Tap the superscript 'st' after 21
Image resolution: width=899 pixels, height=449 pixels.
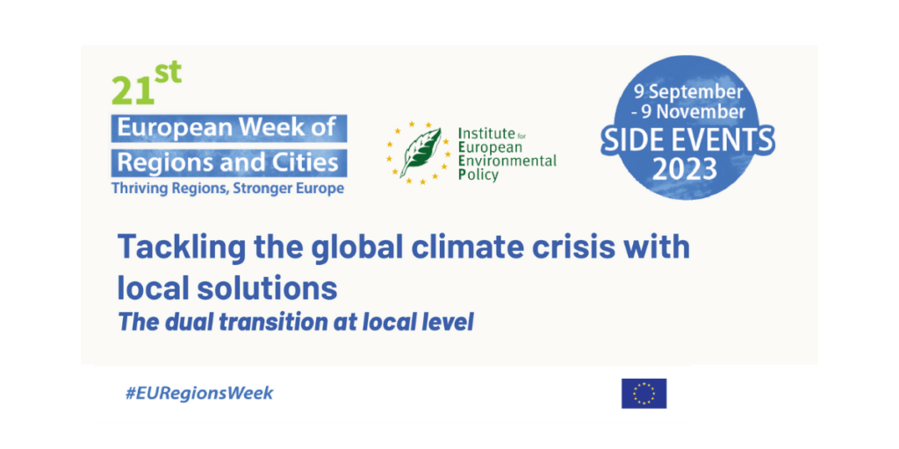click(169, 74)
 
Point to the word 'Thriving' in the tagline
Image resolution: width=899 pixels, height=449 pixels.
click(136, 189)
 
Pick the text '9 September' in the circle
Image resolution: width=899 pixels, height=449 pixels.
click(688, 91)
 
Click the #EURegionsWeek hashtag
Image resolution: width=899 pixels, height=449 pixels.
click(199, 393)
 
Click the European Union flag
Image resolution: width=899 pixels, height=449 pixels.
click(644, 393)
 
